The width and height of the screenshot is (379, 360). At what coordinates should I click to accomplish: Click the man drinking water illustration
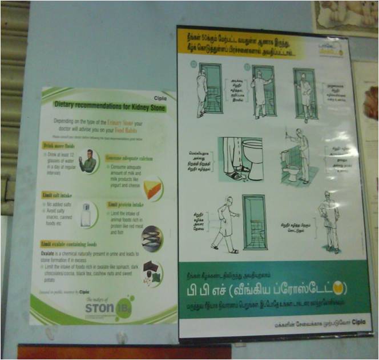coord(88,162)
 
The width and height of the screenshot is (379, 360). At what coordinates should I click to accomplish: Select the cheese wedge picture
coord(152,189)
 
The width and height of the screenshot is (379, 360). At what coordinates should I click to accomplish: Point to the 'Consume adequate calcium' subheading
coord(128,156)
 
